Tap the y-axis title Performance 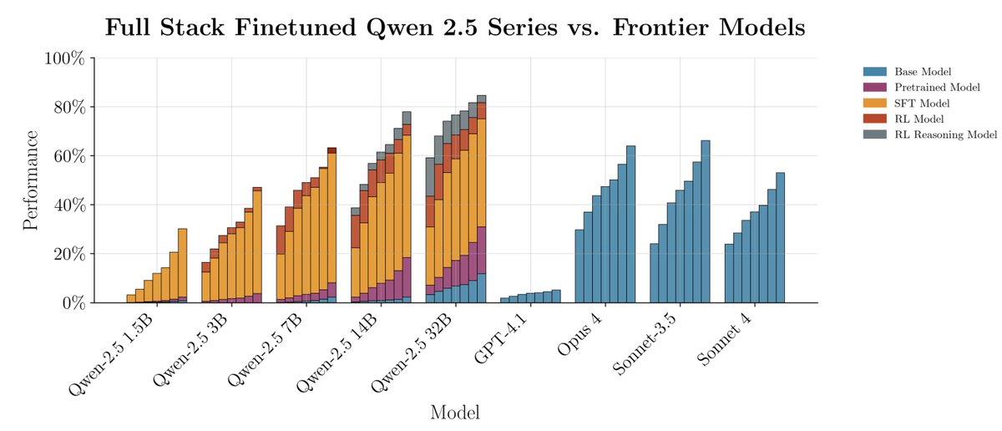coord(30,180)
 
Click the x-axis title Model coord(455,412)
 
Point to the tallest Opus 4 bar coord(631,224)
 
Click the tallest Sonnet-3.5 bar coord(706,221)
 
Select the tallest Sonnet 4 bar coord(781,237)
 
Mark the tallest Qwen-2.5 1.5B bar coord(182,266)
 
